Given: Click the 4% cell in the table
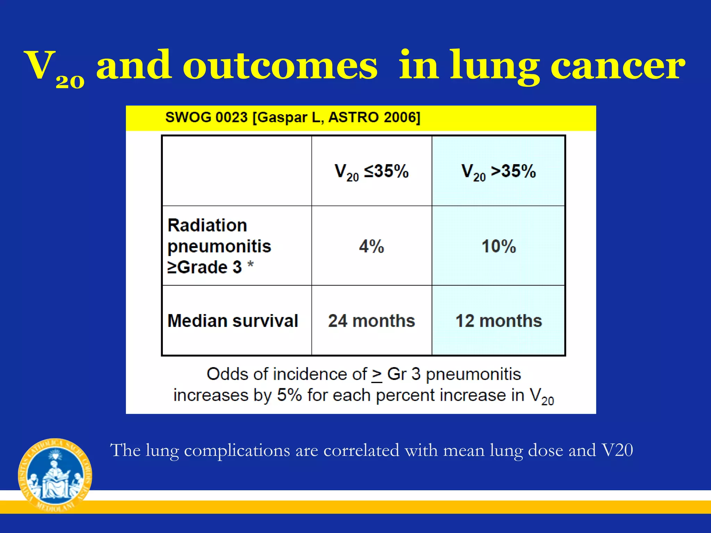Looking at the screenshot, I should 371,246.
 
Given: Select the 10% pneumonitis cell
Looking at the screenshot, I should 499,246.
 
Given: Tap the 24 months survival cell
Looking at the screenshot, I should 371,321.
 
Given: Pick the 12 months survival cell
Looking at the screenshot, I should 499,321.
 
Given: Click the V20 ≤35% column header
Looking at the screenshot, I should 371,171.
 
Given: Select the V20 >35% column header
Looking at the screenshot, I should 499,171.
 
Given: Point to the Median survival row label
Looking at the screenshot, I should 233,321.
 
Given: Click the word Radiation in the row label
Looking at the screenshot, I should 207,225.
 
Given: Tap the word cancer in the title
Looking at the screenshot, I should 618,66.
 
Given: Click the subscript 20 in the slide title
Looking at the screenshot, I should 70,82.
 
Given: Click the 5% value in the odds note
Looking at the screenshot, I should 289,395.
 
